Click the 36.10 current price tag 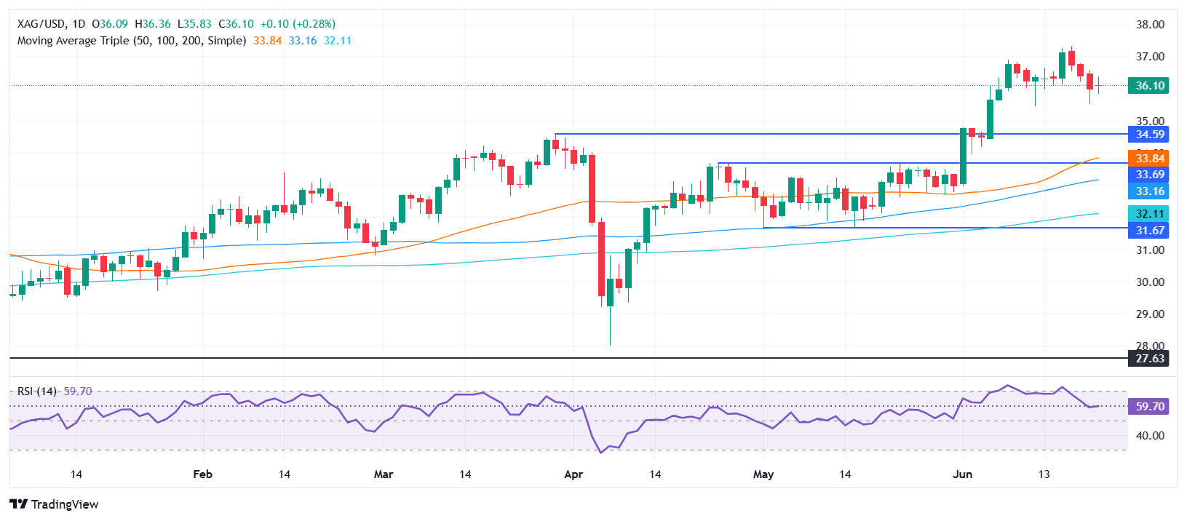[1149, 86]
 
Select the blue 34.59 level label [1149, 135]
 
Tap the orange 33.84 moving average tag [1149, 159]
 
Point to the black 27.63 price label [1149, 359]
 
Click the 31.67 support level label [1149, 231]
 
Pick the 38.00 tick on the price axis [1150, 25]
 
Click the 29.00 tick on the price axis [1150, 314]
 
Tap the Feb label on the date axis [202, 474]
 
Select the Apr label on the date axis [573, 474]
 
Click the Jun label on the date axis [962, 474]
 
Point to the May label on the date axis [763, 474]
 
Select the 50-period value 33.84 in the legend [267, 41]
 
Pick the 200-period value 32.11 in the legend [338, 41]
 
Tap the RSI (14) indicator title [37, 391]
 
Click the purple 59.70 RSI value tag [1149, 407]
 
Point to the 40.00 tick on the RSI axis [1150, 436]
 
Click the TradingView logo [55, 504]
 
